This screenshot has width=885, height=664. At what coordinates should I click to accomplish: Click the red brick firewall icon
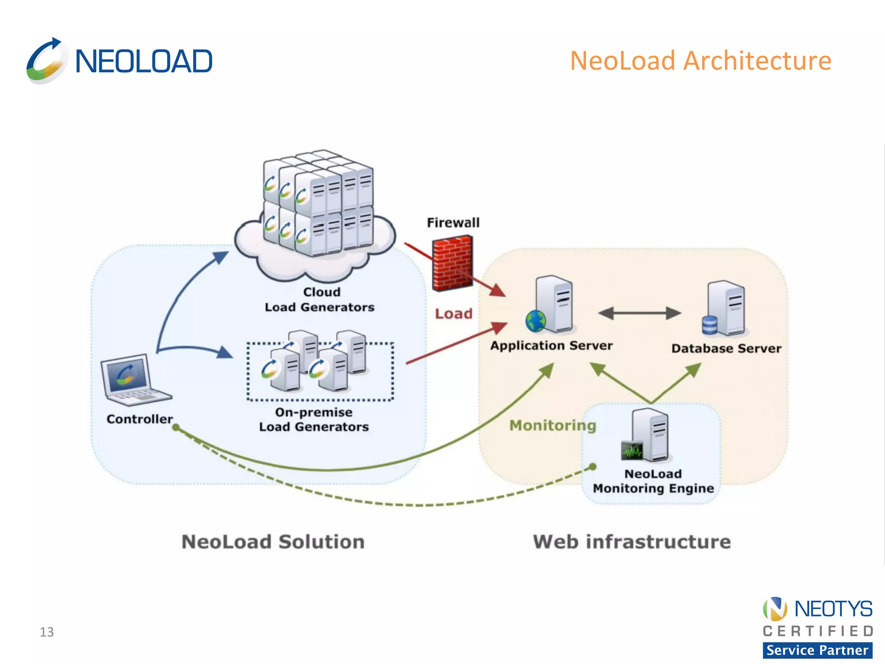click(452, 263)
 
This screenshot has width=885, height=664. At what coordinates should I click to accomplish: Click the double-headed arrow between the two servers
click(640, 313)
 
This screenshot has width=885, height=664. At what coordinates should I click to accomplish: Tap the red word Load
click(453, 313)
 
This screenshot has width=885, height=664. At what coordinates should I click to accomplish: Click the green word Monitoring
click(552, 425)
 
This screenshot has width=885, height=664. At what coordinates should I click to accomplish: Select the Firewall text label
click(453, 223)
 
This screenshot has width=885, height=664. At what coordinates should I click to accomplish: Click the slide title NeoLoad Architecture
click(700, 61)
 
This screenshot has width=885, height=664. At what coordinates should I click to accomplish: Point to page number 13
click(47, 632)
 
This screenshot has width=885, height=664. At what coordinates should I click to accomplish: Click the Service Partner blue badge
click(817, 650)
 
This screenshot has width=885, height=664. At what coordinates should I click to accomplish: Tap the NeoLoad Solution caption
click(273, 542)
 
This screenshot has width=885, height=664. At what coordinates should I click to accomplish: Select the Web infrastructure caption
click(632, 542)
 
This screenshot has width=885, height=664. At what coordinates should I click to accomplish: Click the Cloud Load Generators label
click(320, 300)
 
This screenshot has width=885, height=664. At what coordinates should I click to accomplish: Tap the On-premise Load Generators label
click(314, 419)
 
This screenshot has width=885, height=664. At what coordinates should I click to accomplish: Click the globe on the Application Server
click(535, 321)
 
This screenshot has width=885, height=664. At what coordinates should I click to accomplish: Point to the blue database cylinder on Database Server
click(710, 325)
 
